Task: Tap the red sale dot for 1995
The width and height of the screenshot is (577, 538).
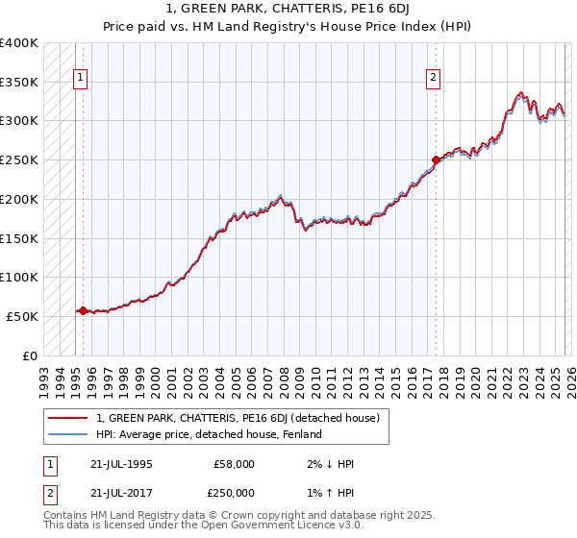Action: tap(84, 310)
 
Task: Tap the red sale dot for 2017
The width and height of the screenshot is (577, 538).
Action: tap(436, 159)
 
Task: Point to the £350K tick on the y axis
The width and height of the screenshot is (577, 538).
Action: tap(19, 83)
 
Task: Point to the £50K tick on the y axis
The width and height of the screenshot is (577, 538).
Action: tap(23, 316)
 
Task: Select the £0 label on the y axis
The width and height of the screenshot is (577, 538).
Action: tap(31, 355)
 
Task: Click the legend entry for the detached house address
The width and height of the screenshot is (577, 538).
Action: tap(238, 418)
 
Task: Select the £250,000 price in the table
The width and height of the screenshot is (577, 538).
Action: tap(234, 492)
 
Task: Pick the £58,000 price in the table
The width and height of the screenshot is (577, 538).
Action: tap(234, 464)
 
